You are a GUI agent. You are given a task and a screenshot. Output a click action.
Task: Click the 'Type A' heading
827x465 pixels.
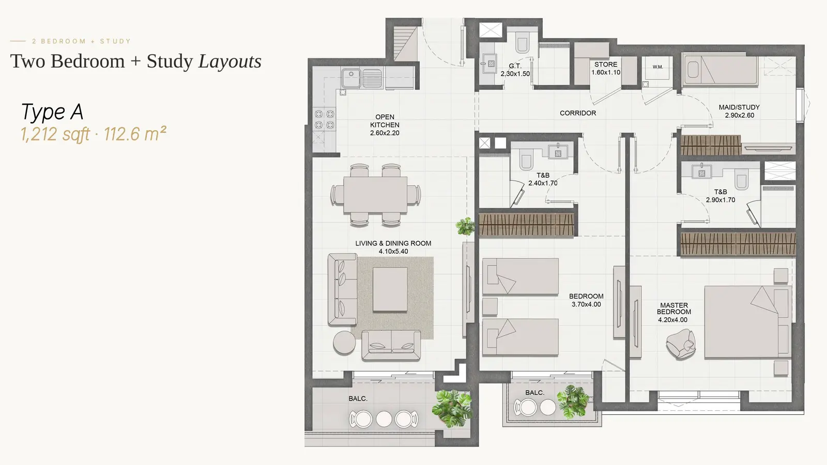[52, 112]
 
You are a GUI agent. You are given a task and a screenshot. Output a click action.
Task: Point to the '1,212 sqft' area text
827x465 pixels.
[55, 134]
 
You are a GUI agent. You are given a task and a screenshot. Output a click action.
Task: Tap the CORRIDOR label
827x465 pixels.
[578, 113]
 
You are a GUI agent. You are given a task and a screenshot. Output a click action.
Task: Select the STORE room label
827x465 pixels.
[606, 64]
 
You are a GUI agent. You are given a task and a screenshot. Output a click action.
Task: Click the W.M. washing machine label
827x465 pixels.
[657, 67]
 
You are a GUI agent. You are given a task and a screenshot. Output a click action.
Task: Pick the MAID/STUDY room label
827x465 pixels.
[739, 107]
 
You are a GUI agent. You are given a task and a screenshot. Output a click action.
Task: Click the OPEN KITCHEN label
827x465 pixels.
[385, 121]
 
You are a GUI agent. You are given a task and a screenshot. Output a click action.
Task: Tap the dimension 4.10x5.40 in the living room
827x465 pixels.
[393, 251]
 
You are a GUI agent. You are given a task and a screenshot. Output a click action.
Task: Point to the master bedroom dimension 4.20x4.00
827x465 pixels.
[672, 320]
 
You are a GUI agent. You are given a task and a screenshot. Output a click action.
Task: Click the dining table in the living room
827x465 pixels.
[375, 194]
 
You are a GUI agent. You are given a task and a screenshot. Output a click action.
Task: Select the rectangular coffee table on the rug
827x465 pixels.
[390, 290]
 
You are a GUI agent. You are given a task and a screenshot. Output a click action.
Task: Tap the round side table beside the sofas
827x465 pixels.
[344, 343]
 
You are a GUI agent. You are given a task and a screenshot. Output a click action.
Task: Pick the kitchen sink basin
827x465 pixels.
[351, 78]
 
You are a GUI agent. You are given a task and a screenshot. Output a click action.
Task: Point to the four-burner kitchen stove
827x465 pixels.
[325, 119]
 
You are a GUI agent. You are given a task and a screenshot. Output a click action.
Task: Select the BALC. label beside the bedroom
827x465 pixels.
[534, 393]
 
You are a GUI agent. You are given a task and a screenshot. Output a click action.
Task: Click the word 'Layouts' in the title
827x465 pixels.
[229, 61]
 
